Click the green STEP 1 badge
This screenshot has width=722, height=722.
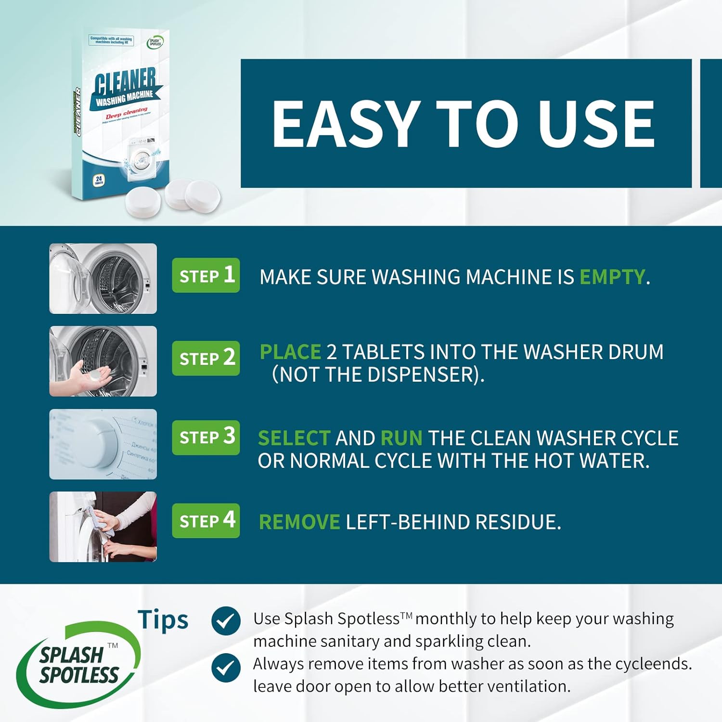click(x=206, y=275)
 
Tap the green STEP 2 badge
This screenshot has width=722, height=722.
click(x=206, y=358)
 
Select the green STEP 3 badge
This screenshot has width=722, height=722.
click(x=206, y=437)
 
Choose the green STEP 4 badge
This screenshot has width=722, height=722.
click(x=206, y=520)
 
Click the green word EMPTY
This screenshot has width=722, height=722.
click(x=611, y=277)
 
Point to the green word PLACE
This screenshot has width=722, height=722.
click(x=290, y=352)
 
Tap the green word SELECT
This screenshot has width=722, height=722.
click(x=294, y=438)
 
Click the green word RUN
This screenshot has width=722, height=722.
click(x=401, y=438)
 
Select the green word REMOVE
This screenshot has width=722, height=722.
click(x=299, y=522)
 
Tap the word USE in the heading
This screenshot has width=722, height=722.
click(x=596, y=124)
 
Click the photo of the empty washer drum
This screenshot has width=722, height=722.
click(x=103, y=278)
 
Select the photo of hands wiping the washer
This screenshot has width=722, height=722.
click(x=103, y=527)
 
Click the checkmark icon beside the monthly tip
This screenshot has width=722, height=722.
click(x=226, y=621)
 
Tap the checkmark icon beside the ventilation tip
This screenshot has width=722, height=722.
click(x=226, y=667)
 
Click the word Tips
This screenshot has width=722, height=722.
click(x=163, y=620)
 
